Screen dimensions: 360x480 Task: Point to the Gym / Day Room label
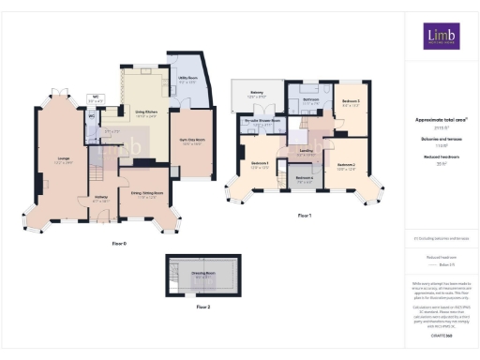pos(193,142)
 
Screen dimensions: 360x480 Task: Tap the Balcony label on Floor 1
pos(253,95)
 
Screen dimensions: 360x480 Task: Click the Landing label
pos(305,150)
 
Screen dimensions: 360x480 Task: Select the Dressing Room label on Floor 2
pos(202,276)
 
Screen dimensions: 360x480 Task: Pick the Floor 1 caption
pos(304,216)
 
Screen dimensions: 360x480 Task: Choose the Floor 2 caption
pos(202,307)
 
